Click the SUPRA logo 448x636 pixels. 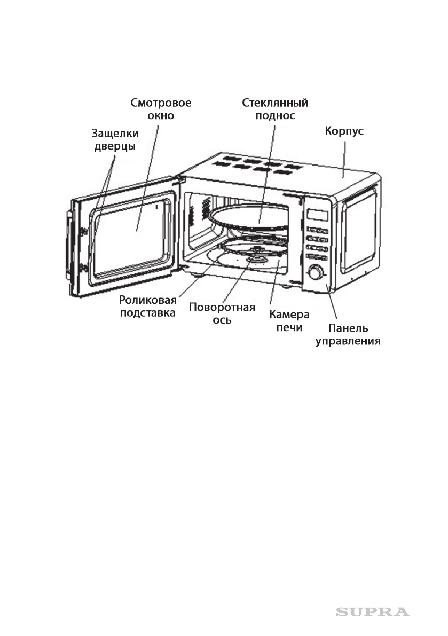372,611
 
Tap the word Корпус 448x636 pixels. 344,131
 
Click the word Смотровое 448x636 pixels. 161,103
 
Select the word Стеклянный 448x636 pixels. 275,103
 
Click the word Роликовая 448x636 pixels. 148,301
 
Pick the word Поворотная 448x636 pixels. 222,308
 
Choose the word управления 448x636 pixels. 348,341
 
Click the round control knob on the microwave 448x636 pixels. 315,273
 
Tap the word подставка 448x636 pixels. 148,313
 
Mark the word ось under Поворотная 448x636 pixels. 222,321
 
